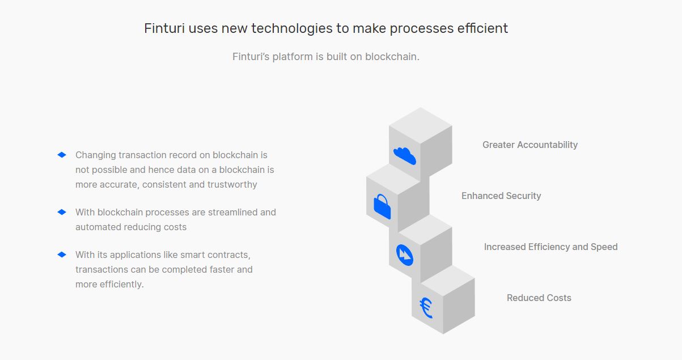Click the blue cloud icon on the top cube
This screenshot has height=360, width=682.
[x=405, y=155]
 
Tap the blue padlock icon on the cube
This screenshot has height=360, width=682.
[x=382, y=206]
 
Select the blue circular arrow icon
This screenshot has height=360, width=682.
[x=405, y=255]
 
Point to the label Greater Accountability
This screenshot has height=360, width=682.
[x=529, y=145]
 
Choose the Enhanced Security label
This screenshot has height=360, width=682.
[x=501, y=196]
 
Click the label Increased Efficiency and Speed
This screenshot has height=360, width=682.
[x=550, y=247]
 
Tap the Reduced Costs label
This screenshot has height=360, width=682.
[x=539, y=298]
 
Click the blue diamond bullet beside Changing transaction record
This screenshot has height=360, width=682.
[x=62, y=155]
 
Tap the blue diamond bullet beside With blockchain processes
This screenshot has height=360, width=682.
[x=62, y=212]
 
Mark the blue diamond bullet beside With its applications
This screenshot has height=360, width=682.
[x=62, y=255]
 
